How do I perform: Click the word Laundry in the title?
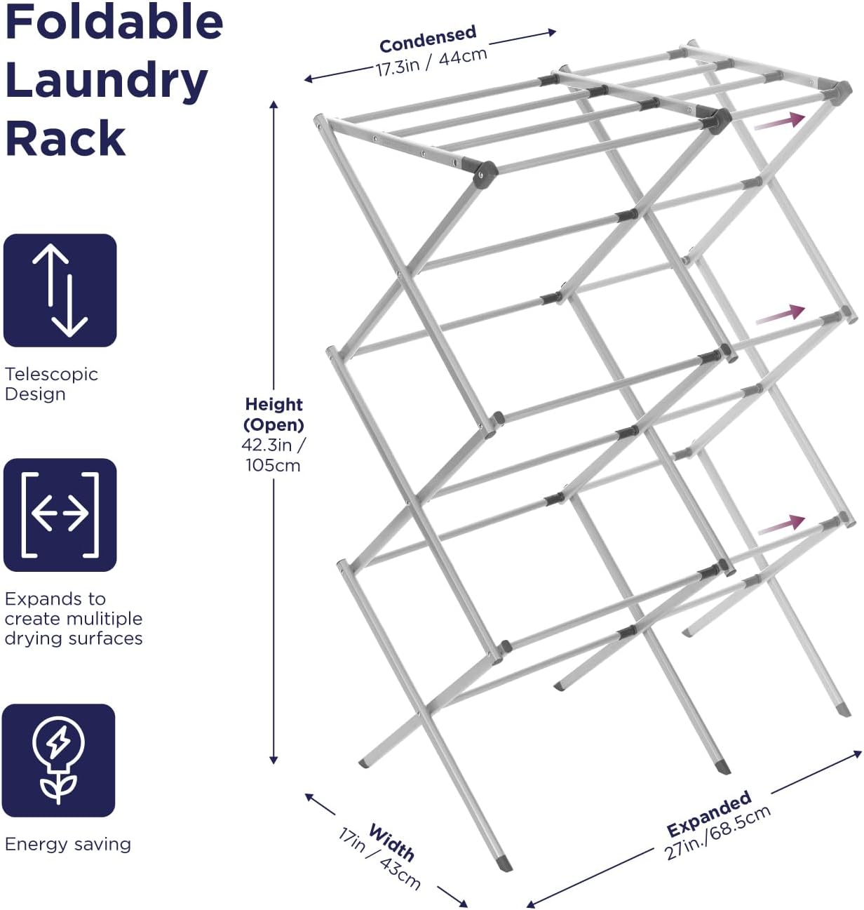tap(107, 81)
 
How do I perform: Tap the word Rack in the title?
tap(65, 138)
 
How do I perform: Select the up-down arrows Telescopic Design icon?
tap(60, 290)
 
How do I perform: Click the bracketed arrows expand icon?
tap(60, 515)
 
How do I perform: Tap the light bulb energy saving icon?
tap(59, 761)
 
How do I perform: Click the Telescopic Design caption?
tap(51, 384)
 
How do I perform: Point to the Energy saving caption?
tap(67, 844)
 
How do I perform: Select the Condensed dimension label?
tap(428, 39)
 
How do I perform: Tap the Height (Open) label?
tap(274, 414)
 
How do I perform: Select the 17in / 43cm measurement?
tap(379, 859)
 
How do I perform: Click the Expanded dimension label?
tap(708, 814)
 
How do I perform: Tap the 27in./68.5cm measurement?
tap(718, 832)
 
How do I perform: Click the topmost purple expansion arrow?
tap(779, 121)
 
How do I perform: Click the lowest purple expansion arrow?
tap(781, 524)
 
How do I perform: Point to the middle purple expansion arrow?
tap(780, 314)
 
